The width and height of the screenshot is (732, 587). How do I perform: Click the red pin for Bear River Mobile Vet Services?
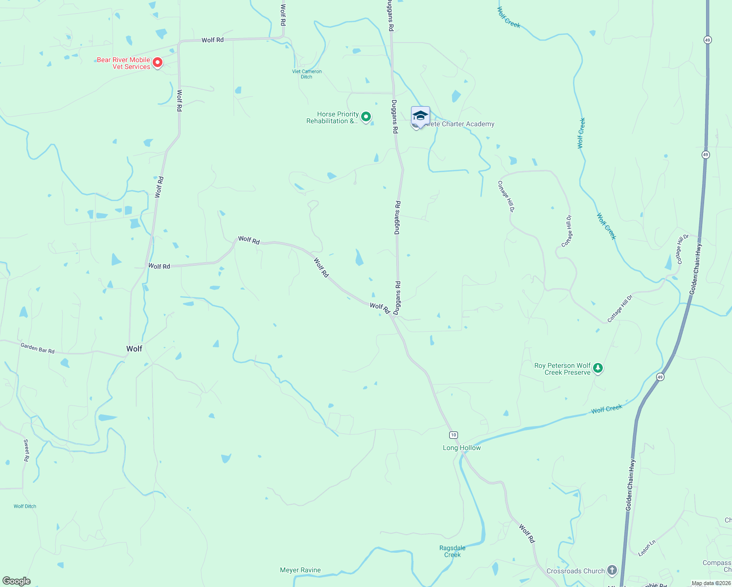(x=157, y=63)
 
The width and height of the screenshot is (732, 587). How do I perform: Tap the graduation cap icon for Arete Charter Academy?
(x=420, y=115)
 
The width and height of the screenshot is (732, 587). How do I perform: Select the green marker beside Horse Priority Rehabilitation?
(x=366, y=117)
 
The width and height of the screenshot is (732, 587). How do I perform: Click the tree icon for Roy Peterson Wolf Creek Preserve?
(x=597, y=368)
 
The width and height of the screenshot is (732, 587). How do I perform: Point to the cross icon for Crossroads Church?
(x=612, y=570)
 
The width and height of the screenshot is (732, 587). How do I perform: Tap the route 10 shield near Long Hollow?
(x=454, y=435)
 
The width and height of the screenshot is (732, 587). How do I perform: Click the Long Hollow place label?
(x=461, y=448)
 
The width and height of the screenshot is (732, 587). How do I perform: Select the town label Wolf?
(x=134, y=349)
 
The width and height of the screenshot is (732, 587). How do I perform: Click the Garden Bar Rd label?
(x=38, y=348)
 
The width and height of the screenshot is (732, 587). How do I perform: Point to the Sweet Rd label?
(x=26, y=450)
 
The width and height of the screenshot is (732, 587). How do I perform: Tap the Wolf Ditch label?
(x=25, y=506)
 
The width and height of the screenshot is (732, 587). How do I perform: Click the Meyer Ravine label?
(x=300, y=570)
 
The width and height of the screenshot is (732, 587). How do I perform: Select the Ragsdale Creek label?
(x=452, y=551)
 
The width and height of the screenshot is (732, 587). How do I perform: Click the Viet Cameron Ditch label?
(x=307, y=74)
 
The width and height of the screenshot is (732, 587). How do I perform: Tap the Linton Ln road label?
(x=647, y=548)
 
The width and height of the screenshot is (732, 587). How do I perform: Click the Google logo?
(x=16, y=581)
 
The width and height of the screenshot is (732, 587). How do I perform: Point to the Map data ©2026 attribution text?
(x=711, y=583)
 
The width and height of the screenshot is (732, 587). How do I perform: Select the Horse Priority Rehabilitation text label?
(x=333, y=117)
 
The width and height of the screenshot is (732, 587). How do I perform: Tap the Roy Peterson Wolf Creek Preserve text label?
(x=563, y=369)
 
